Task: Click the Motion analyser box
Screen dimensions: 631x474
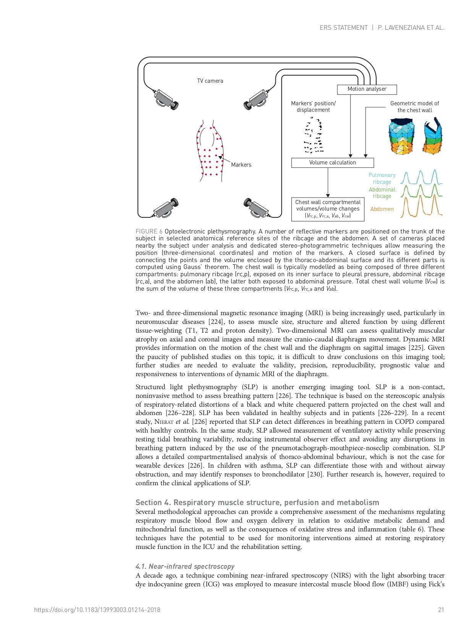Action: coord(367,89)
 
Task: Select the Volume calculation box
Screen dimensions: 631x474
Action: coord(332,163)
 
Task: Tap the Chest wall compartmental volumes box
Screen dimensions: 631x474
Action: coord(328,209)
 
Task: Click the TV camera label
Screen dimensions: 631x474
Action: coord(210,81)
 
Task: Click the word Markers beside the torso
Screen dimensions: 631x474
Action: coord(241,165)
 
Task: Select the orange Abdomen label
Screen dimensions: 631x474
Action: coord(382,209)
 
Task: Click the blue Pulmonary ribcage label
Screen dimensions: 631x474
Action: coord(382,179)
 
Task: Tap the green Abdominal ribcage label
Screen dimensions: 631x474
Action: coord(382,193)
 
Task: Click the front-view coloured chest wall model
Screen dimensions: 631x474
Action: coord(401,136)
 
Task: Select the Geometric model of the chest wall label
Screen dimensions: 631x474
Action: coord(414,107)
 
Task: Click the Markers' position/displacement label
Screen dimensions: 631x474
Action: coord(313,106)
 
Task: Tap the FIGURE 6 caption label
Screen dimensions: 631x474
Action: coord(149,232)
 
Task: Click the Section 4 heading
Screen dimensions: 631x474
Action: coord(257,502)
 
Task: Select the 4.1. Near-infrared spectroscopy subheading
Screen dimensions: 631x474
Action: coord(185,567)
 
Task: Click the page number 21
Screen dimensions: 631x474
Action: coord(441,610)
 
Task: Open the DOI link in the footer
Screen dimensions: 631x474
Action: coord(97,610)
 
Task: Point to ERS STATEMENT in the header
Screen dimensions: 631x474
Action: coord(343,27)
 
